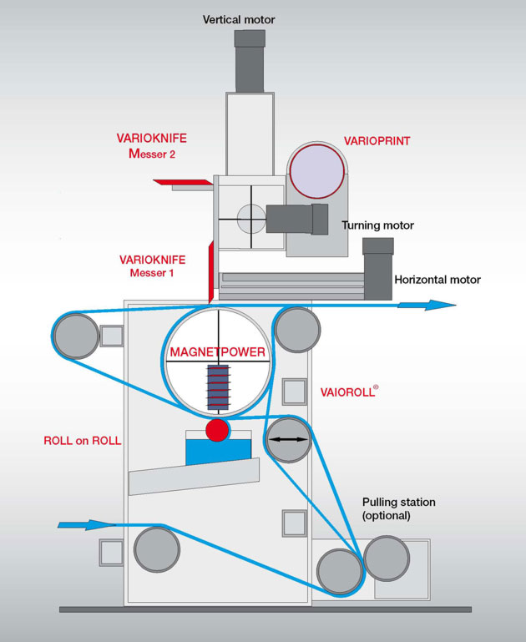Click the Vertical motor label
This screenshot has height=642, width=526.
[x=239, y=19]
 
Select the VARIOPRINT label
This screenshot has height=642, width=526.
[x=377, y=141]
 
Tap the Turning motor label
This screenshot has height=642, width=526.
[x=377, y=225]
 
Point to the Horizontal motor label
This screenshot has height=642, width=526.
[x=437, y=280]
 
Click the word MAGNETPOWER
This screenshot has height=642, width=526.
[x=217, y=352]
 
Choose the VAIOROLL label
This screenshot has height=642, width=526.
[x=349, y=391]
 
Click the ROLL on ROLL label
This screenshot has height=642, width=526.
[x=83, y=441]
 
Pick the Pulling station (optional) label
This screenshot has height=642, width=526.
[x=399, y=508]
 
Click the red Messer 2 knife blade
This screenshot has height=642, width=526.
[x=184, y=181]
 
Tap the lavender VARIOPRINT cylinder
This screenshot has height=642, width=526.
[x=317, y=170]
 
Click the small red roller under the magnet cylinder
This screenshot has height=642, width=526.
[x=217, y=431]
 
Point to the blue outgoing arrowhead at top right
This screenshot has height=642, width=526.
[x=437, y=306]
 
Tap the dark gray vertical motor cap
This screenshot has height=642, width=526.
[x=250, y=38]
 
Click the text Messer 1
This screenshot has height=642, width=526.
[x=151, y=273]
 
